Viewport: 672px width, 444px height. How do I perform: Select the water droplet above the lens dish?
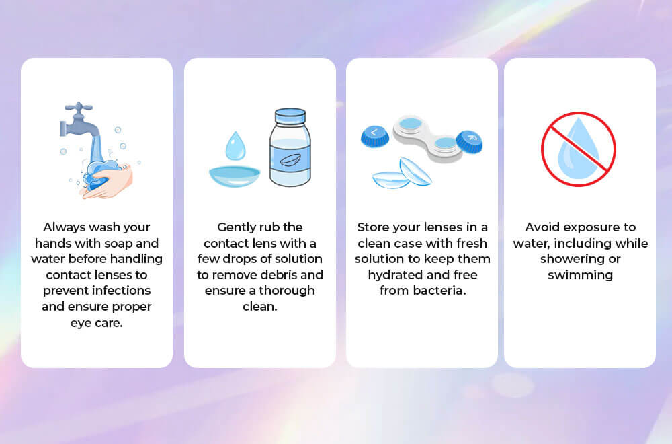235,146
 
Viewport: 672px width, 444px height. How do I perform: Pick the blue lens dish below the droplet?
234,176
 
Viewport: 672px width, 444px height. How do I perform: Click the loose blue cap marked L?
374,135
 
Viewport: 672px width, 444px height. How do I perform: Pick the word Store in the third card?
374,227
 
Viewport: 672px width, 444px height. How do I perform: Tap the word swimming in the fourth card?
580,274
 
